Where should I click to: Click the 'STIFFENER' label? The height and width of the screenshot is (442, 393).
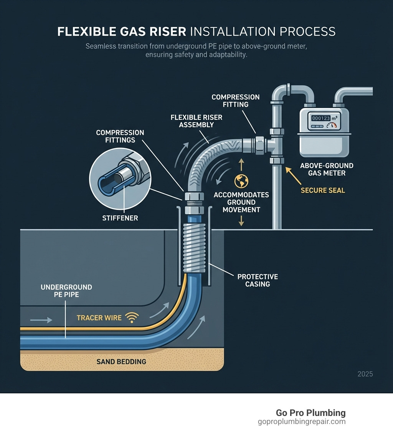click(120, 218)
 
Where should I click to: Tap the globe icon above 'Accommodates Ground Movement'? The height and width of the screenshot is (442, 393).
click(241, 181)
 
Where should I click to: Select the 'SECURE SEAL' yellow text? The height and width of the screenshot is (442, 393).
click(323, 190)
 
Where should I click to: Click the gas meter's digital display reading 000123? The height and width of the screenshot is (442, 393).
click(321, 118)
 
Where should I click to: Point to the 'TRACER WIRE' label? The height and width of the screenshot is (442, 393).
click(99, 318)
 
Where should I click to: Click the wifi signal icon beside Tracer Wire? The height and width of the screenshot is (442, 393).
click(132, 317)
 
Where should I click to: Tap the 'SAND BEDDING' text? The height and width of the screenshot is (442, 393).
click(121, 361)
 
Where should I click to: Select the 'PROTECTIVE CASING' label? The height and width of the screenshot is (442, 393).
click(258, 280)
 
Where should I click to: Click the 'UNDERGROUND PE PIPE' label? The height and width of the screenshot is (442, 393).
click(66, 291)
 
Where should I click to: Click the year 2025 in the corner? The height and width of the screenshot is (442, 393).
click(365, 374)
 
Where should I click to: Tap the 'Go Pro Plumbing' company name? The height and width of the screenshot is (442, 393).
click(310, 413)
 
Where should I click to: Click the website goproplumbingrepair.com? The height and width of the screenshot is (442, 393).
click(302, 422)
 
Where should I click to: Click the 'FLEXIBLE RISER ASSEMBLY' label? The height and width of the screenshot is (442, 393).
click(196, 121)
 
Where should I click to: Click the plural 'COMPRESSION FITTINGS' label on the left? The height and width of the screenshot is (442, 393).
click(120, 136)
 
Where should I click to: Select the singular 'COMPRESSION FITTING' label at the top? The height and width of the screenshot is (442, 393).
click(236, 100)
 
